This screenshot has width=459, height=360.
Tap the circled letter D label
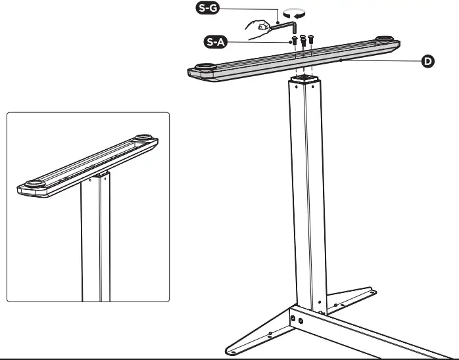coord(427,62)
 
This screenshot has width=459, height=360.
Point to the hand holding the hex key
coord(258,27)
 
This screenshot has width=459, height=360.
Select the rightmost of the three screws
coord(311,39)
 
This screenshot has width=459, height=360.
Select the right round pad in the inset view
coord(142,139)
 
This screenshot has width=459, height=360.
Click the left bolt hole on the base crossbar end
coord(293,317)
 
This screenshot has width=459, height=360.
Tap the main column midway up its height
coord(306,197)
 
